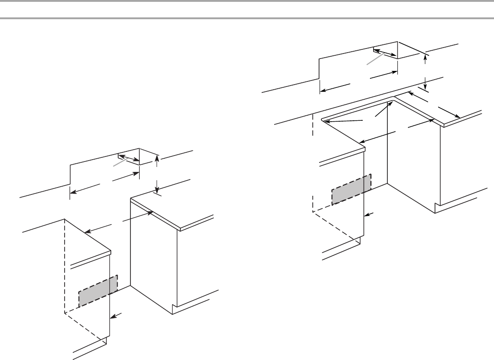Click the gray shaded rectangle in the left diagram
pyautogui.click(x=98, y=291)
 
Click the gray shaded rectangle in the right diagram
pyautogui.click(x=351, y=189)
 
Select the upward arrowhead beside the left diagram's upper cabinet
pyautogui.click(x=157, y=158)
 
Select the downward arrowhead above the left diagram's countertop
pyautogui.click(x=157, y=190)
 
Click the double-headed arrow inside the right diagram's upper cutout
pyautogui.click(x=385, y=53)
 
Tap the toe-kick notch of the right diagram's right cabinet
pyautogui.click(x=438, y=208)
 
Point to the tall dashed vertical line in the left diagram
pyautogui.click(x=64, y=265)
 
